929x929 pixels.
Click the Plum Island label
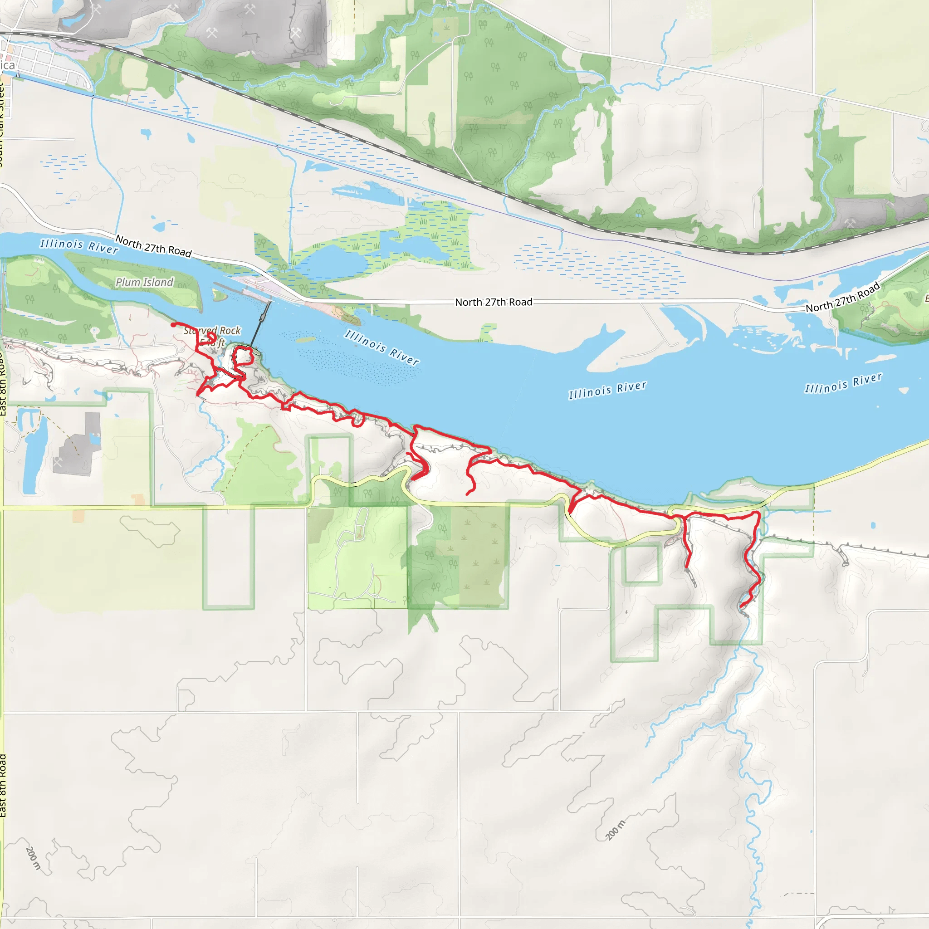144,282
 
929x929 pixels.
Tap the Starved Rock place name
212,331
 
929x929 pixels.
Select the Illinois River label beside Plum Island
79,246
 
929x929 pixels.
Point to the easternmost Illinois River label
843,383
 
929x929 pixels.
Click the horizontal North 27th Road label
494,302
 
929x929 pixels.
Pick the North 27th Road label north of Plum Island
153,246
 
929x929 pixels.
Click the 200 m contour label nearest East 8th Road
33,858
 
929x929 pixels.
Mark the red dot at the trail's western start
173,325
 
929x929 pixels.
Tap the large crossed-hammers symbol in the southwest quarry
57,463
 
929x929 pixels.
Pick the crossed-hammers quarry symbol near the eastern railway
849,223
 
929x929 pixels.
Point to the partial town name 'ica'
7,65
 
